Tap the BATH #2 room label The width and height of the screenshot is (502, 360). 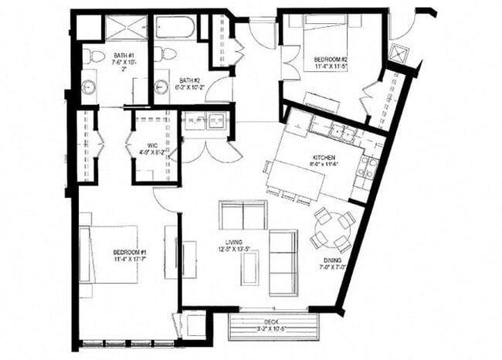click(x=188, y=80)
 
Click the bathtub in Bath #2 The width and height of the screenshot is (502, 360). click(x=175, y=27)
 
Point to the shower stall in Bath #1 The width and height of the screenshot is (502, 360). click(x=126, y=28)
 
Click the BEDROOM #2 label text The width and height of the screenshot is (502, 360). click(x=331, y=59)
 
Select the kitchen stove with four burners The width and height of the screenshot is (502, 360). click(x=369, y=168)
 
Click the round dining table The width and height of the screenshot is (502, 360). click(x=331, y=231)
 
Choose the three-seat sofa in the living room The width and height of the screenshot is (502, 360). click(x=283, y=262)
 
